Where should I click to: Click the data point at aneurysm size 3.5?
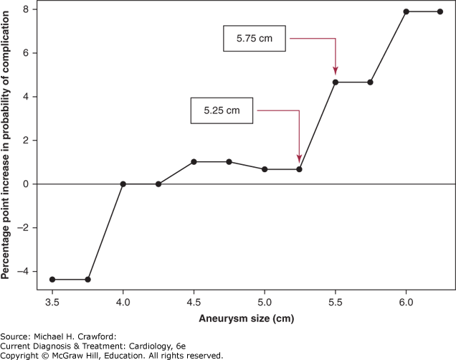coord(52,280)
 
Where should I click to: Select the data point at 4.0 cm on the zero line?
coord(123,184)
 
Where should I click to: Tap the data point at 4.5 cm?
coord(194,162)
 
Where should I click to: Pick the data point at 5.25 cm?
coord(299,169)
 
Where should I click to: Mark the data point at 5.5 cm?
coord(336,82)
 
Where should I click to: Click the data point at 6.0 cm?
coord(407,11)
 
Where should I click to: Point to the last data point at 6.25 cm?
coord(440,11)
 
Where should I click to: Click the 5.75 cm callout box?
coord(255,39)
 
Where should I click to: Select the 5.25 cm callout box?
coord(222,110)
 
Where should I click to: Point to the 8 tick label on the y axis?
coord(26,9)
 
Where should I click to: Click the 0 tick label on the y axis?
coord(26,184)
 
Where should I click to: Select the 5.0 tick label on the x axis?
coord(265,303)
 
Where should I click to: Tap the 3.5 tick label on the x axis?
coord(52,303)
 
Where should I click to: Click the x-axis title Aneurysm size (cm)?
coord(247,318)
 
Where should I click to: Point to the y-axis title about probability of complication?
coord(5,145)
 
